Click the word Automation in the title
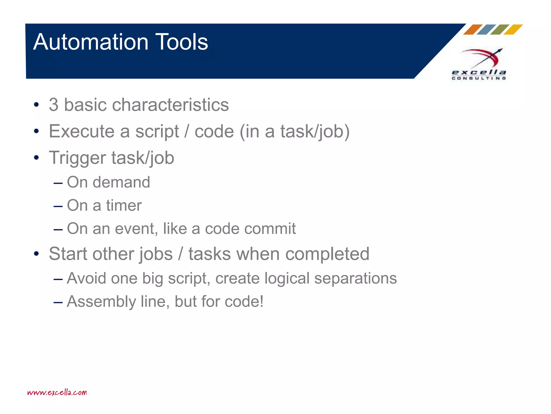click(x=91, y=42)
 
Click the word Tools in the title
click(x=182, y=42)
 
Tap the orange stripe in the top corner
click(x=473, y=29)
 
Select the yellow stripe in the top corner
click(x=513, y=29)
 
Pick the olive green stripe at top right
click(x=500, y=29)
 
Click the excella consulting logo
click(x=479, y=64)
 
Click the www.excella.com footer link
click(x=57, y=392)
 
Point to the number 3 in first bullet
click(x=54, y=105)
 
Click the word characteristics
click(x=170, y=105)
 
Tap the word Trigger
click(x=77, y=158)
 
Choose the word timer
click(x=124, y=206)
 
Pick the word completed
click(x=327, y=254)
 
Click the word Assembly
click(x=101, y=302)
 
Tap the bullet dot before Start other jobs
click(x=37, y=254)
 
